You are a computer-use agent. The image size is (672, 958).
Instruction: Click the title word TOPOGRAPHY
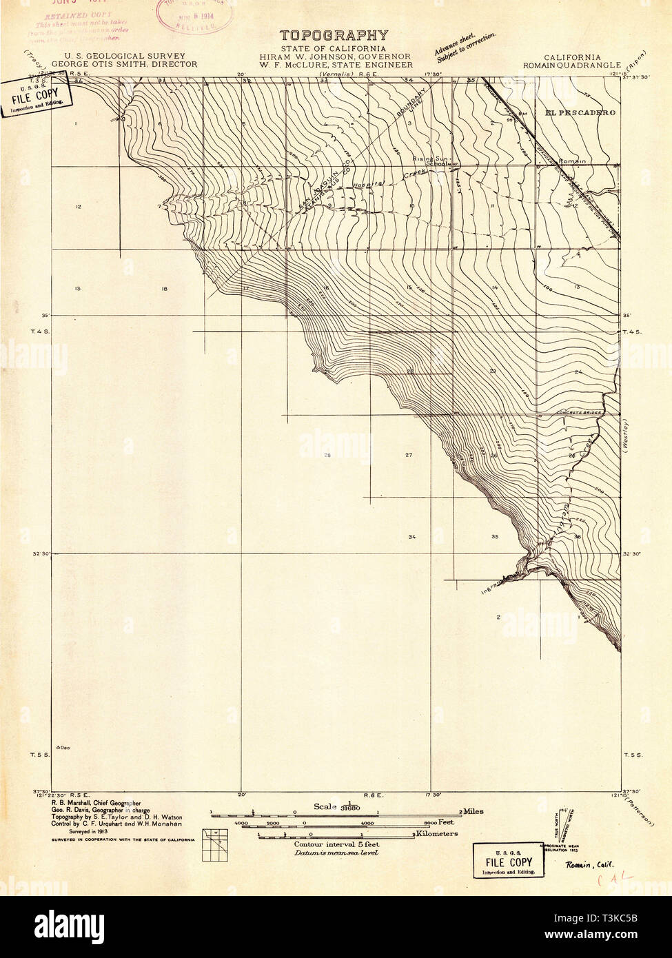coord(334,35)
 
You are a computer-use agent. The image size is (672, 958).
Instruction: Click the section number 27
coord(409,456)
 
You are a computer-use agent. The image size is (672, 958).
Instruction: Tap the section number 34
coord(412,536)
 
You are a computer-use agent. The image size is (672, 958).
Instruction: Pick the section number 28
coord(327,456)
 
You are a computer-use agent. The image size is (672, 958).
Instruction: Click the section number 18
coord(164,289)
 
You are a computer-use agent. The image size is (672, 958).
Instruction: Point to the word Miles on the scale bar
coord(474,811)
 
